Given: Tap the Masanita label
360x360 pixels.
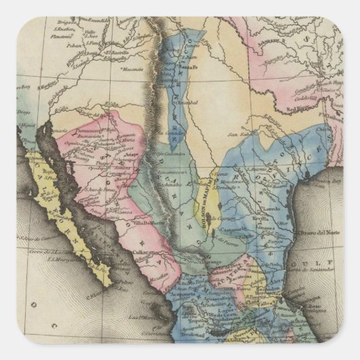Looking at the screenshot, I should (131, 69).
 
